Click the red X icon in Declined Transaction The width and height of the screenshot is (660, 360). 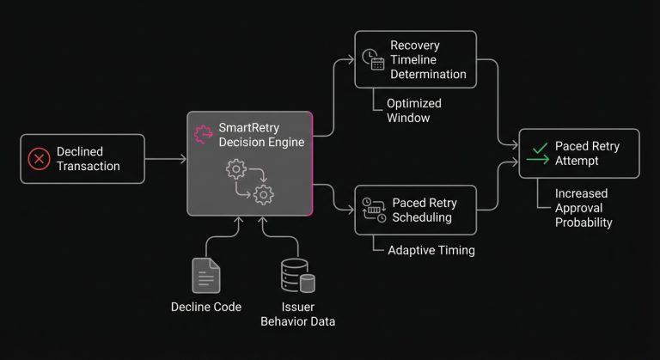(40, 159)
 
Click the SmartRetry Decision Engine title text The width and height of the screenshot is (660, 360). (261, 135)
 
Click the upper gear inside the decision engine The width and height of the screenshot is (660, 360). (235, 169)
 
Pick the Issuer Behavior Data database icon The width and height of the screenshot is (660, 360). (297, 275)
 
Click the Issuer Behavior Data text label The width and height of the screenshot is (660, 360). (297, 314)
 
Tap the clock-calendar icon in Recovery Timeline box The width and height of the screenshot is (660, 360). (372, 58)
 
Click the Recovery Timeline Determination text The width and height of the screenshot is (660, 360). (428, 59)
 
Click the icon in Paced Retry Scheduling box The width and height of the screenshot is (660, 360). (373, 210)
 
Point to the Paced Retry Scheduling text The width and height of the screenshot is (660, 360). (424, 210)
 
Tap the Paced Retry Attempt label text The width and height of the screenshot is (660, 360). (587, 153)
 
